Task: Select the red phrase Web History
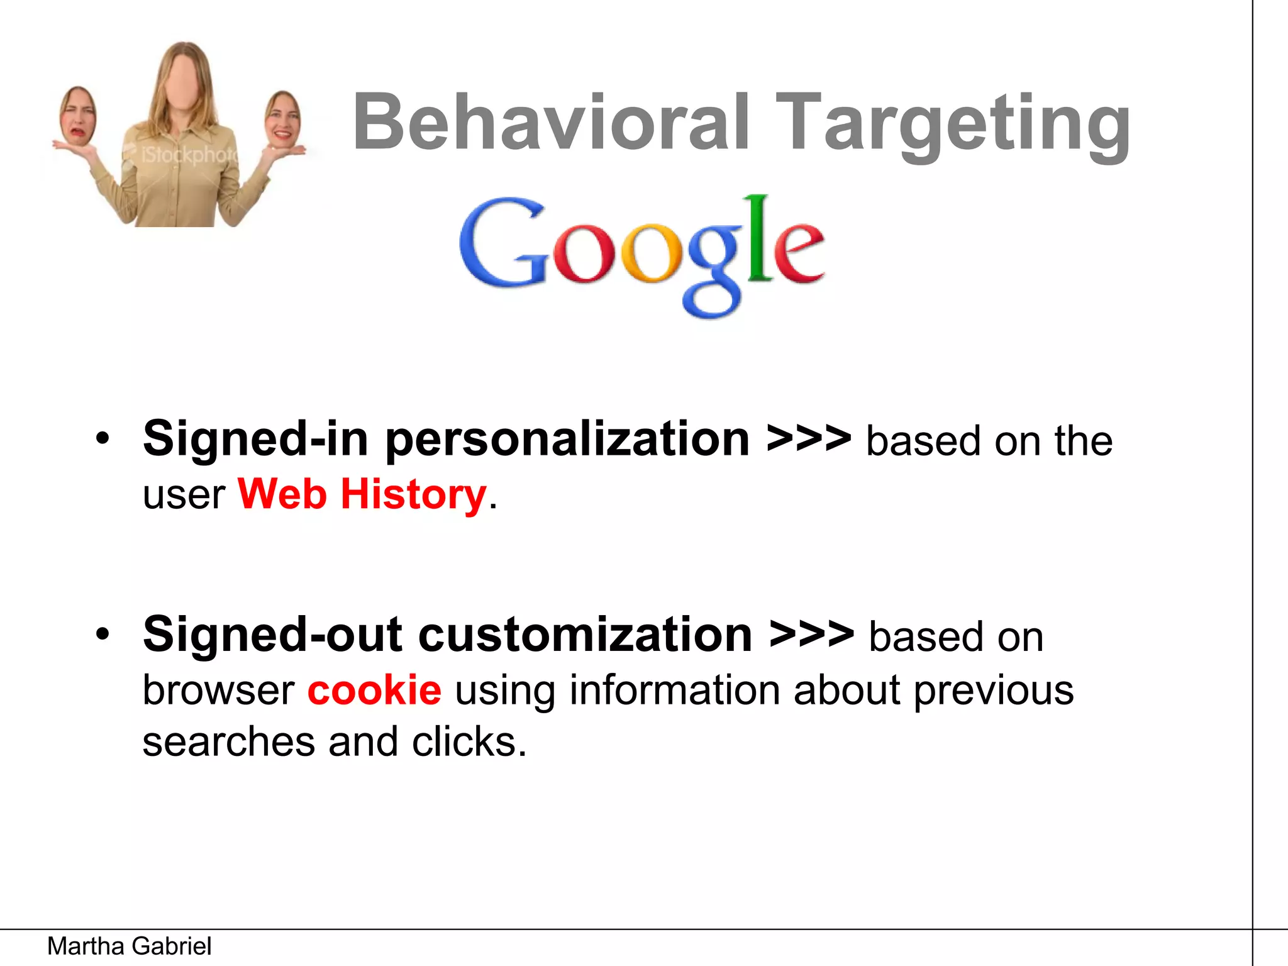click(x=362, y=494)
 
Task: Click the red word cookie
click(x=374, y=690)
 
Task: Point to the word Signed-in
click(x=255, y=439)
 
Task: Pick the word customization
click(x=585, y=635)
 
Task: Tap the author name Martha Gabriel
click(x=129, y=946)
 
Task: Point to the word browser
click(x=218, y=690)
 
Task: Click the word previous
click(x=994, y=690)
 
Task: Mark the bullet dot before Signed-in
click(x=103, y=438)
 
